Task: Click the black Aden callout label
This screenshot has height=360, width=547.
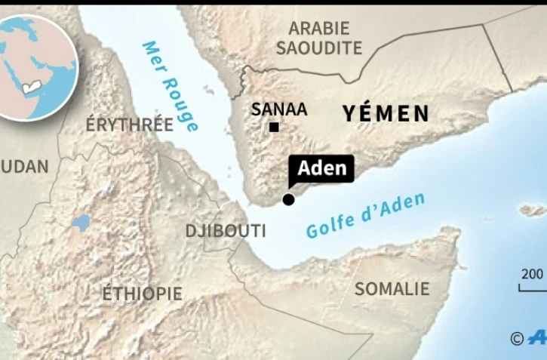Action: point(321,168)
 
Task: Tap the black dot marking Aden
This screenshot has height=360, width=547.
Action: point(288,199)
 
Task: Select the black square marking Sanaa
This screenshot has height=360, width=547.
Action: point(274,127)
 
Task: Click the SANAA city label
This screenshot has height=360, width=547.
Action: point(279,109)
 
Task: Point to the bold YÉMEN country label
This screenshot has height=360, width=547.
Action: point(386,114)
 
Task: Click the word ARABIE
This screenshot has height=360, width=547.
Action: point(319,29)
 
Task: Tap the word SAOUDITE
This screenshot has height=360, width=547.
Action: point(319,48)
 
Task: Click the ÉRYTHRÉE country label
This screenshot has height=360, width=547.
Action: point(129,125)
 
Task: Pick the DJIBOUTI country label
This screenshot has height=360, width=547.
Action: point(226,231)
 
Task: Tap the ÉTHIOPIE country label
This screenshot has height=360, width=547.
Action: point(142,293)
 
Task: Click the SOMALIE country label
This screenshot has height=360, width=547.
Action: point(392,288)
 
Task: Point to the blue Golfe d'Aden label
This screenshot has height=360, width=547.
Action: point(365,215)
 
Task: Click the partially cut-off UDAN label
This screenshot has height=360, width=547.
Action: point(24,167)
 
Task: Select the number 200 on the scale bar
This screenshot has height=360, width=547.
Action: point(533,273)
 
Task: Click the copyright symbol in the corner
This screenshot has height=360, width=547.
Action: point(517,339)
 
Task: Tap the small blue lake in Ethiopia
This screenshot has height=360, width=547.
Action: point(81,223)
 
